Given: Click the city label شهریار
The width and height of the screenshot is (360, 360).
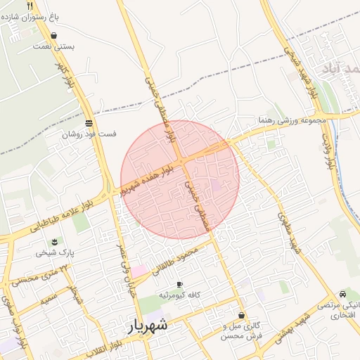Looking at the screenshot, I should coord(148,326).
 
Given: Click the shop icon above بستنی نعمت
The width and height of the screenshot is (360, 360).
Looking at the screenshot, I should coord(54,34).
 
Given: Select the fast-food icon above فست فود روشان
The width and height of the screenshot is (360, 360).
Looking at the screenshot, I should coord(89,122).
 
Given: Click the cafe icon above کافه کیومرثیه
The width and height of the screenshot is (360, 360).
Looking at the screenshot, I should coord(179,284).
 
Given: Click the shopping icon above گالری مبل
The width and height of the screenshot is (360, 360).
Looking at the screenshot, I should coord(242,316).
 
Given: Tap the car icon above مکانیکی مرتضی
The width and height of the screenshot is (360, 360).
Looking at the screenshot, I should coord(342,293).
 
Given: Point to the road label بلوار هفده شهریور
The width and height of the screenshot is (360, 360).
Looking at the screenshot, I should coord(150,179).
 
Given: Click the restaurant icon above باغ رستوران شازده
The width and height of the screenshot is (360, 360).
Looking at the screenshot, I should coord(30,6).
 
